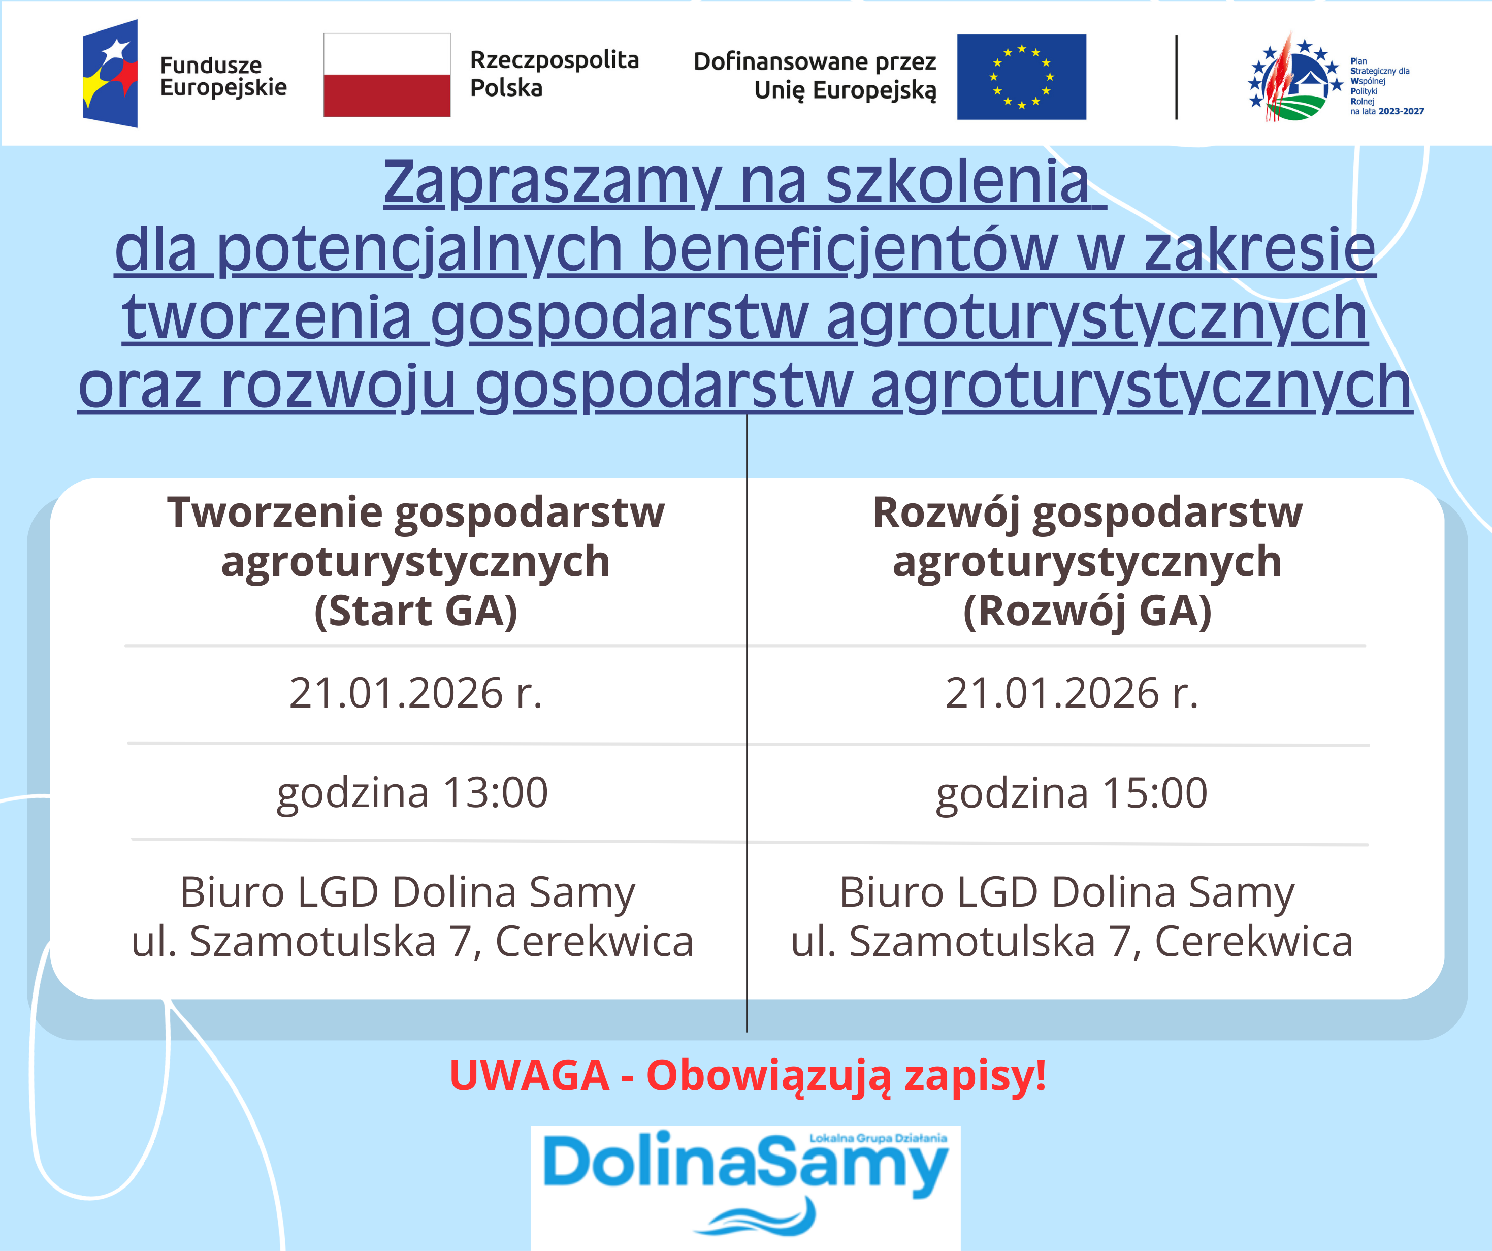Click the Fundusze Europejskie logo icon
click(110, 74)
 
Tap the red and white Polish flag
click(386, 75)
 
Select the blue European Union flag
click(1021, 77)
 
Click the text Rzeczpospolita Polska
click(554, 74)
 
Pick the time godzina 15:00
click(1072, 793)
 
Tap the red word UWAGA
click(529, 1075)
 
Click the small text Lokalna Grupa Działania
click(878, 1138)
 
